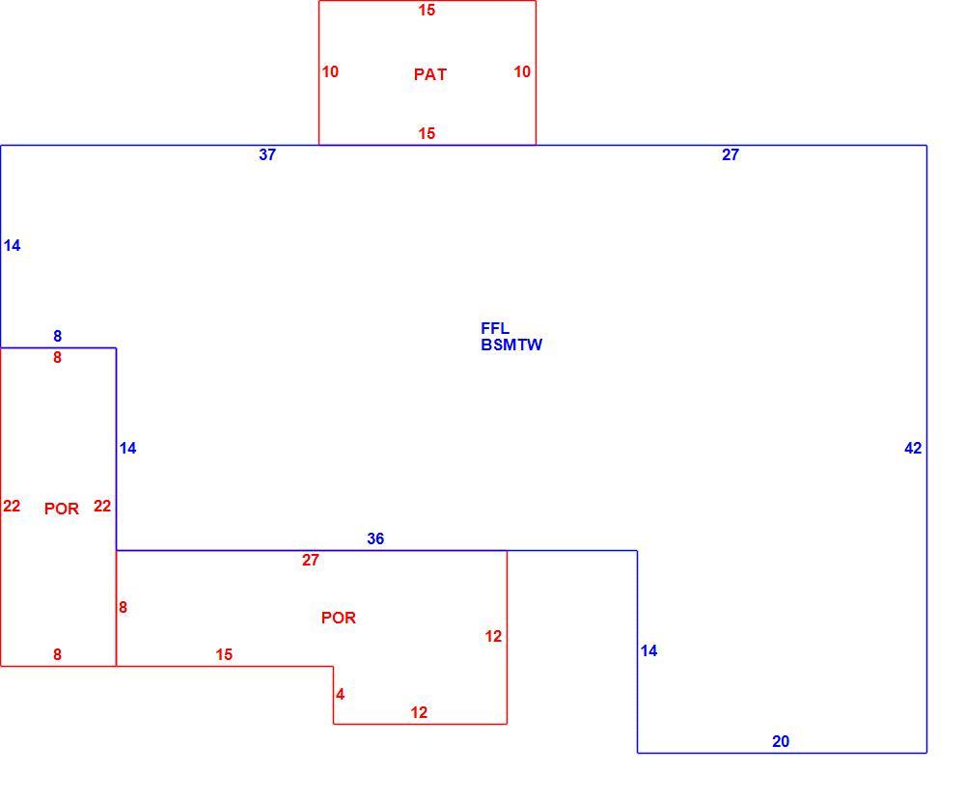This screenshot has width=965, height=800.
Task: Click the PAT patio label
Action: pos(430,74)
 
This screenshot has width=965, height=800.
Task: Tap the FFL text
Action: pos(495,328)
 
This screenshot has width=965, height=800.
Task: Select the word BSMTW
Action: pos(511,345)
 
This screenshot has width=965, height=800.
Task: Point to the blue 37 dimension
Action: pos(267,154)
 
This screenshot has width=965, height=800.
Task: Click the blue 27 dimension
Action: pos(730,154)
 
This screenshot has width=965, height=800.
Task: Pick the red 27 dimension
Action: pos(310,560)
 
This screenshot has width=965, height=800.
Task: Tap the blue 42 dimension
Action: pos(913,448)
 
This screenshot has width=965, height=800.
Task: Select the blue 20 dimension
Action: pos(781,741)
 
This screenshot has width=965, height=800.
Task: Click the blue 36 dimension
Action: pos(375,538)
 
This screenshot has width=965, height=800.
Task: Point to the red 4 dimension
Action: pos(340,694)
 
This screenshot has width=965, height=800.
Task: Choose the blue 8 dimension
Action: pos(57,336)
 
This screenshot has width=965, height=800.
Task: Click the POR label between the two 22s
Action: pos(62,509)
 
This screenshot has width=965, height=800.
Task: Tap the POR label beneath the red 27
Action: pos(339,618)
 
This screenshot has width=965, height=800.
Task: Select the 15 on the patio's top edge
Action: pos(427,10)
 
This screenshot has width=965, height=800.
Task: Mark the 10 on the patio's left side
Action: pos(330,72)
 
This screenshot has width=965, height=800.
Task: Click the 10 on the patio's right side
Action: pos(522,72)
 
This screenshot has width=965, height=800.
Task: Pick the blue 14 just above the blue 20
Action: pos(648,650)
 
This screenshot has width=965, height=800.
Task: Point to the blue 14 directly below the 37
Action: pos(12,245)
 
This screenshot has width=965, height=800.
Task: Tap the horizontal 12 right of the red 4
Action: pos(419,712)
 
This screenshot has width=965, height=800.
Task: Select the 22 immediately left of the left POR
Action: pos(12,506)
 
